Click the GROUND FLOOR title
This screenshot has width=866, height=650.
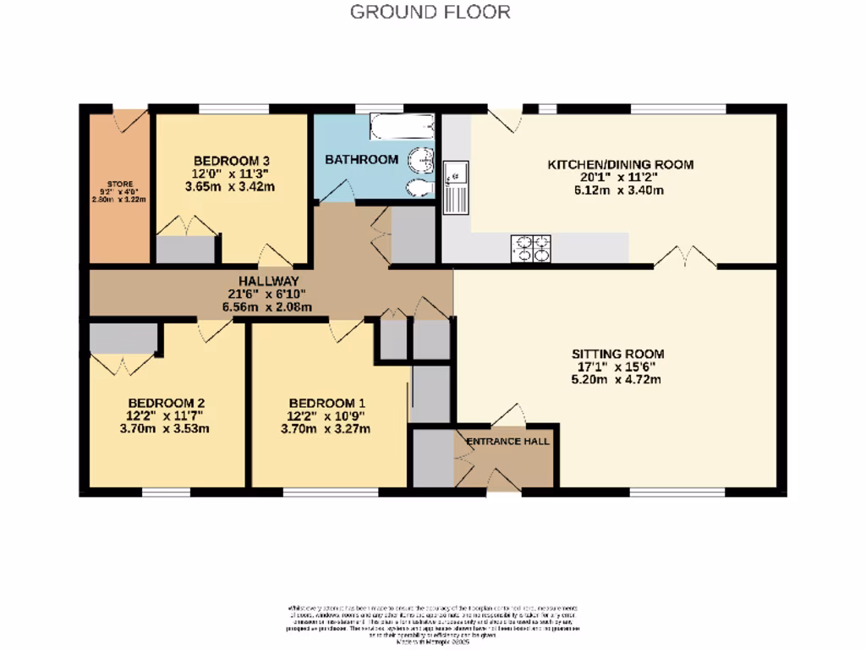(430, 12)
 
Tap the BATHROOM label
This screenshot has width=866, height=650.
(361, 159)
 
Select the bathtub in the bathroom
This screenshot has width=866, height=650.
(402, 127)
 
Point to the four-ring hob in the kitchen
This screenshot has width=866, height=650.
(530, 248)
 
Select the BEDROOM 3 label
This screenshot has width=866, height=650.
(231, 161)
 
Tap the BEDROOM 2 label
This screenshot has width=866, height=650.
(167, 403)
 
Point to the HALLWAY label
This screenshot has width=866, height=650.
(267, 281)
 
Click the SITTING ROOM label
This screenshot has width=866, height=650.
(617, 354)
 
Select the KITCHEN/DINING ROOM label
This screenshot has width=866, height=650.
(621, 164)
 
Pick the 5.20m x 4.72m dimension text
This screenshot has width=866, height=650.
(617, 380)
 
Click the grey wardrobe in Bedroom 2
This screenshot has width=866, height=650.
(123, 339)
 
